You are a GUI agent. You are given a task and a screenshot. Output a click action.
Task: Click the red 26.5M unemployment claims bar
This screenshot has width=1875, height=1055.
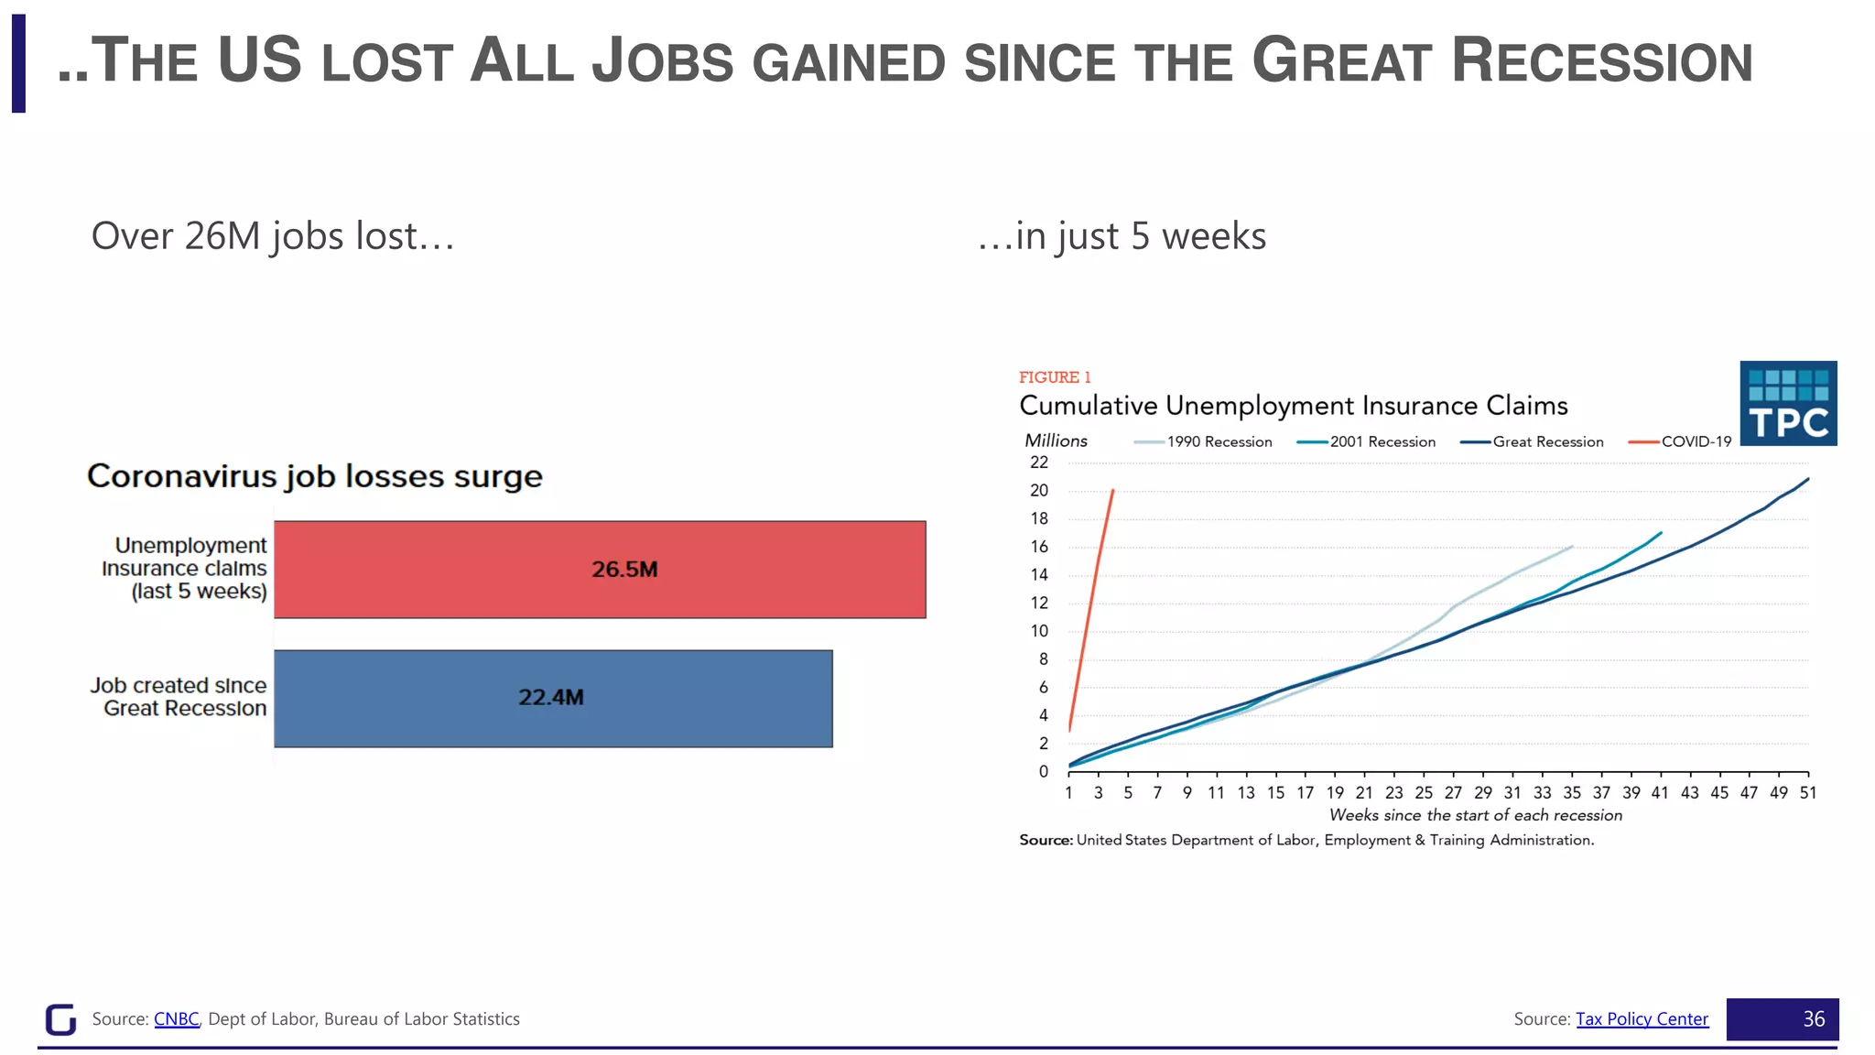click(600, 569)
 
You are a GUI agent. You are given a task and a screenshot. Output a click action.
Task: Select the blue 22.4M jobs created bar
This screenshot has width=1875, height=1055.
click(553, 698)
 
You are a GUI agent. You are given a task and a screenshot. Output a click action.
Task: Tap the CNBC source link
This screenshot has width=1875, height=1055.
click(177, 1018)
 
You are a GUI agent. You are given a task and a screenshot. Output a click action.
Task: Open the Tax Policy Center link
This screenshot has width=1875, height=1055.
click(1642, 1018)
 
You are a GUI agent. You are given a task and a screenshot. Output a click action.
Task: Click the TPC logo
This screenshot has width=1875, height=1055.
click(1787, 404)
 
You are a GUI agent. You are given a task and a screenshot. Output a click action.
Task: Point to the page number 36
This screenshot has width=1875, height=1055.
click(1814, 1018)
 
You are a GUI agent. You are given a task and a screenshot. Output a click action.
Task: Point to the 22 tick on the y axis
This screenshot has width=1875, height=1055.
click(1039, 462)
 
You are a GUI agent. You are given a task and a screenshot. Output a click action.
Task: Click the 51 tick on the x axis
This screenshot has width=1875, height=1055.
click(1807, 792)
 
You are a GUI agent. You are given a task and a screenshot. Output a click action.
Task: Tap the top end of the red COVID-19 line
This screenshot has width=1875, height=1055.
click(1112, 491)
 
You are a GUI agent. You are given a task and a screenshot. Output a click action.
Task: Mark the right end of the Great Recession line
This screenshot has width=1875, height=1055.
click(1807, 479)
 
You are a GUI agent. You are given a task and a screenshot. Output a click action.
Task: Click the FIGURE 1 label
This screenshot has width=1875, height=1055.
click(1055, 377)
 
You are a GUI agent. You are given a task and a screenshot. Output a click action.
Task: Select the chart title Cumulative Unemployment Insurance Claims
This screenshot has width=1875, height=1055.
click(1293, 406)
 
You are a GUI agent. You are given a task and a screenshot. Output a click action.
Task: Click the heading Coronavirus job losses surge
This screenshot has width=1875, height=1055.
click(314, 476)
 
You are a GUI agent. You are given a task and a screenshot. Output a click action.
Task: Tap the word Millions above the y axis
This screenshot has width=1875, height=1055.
click(1056, 440)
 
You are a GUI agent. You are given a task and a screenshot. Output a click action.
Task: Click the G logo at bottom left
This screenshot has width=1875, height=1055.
click(60, 1018)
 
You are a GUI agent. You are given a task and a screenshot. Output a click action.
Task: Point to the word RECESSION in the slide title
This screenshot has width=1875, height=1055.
click(1601, 61)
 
